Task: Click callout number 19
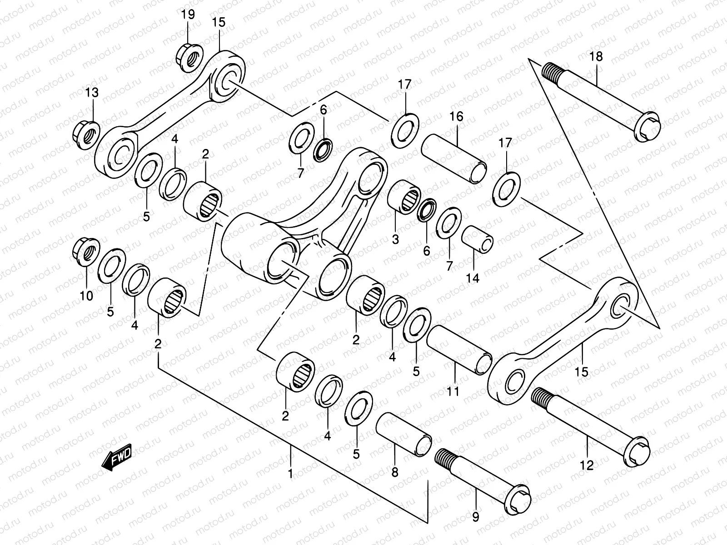tap(188, 15)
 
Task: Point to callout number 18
tap(596, 57)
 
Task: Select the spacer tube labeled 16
tap(454, 157)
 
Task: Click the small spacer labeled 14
tap(478, 238)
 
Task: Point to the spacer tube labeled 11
tap(459, 349)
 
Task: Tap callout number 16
tap(457, 117)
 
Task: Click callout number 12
tap(587, 465)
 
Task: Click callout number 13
tap(92, 93)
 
